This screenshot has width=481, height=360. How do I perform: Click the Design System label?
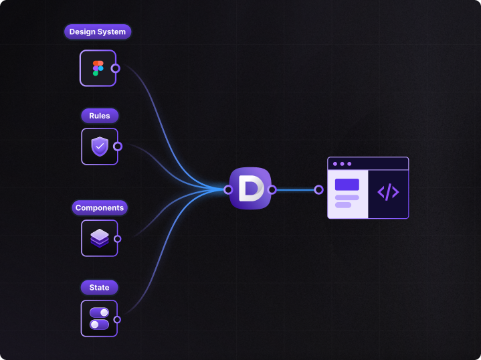click(98, 31)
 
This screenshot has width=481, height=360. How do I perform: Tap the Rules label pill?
click(100, 116)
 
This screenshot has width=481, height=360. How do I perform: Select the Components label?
click(100, 208)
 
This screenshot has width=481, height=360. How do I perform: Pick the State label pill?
click(99, 287)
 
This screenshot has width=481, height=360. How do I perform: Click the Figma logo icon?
click(98, 68)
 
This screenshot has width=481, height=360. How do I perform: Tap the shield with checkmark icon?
click(100, 147)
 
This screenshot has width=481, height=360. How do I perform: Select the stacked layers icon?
click(100, 238)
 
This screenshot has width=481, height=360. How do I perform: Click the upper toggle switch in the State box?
click(99, 312)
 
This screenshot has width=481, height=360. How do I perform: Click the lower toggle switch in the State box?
click(99, 325)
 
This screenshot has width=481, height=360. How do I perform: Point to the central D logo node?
click(250, 189)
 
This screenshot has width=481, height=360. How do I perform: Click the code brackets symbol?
click(388, 192)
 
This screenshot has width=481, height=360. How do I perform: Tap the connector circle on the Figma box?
click(115, 68)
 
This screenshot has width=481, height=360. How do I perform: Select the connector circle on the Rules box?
click(118, 147)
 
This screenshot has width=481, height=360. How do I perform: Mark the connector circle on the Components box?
click(117, 239)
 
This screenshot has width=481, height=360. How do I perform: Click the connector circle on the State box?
click(117, 320)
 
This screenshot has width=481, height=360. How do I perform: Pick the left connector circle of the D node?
click(228, 189)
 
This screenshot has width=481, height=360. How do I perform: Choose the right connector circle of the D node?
click(272, 189)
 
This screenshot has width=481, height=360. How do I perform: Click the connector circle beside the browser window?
click(318, 189)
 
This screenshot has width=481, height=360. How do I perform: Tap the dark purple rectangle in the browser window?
click(347, 185)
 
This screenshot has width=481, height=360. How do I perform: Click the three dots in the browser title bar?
click(342, 164)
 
